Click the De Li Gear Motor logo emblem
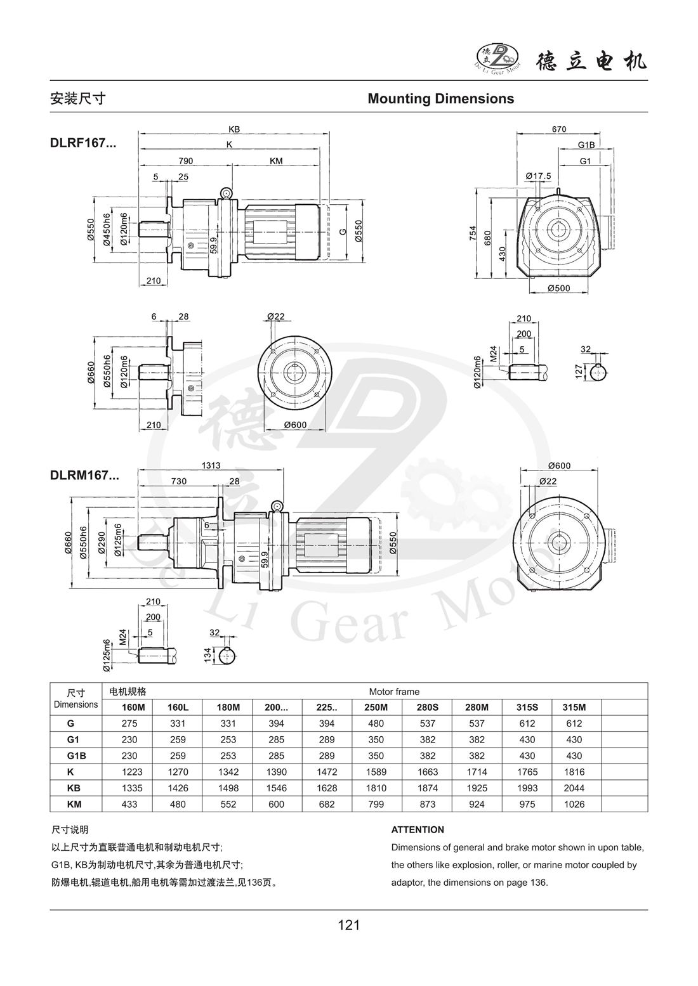(499, 58)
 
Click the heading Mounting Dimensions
(441, 99)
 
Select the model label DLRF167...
(83, 143)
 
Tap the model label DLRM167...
(84, 476)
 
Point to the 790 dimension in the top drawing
(186, 161)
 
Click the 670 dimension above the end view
(559, 129)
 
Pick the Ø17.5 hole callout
(538, 176)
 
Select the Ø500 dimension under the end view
(559, 288)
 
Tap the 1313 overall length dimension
(211, 465)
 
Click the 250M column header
(376, 708)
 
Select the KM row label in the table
(74, 804)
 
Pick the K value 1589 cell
(376, 772)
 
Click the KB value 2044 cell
(574, 788)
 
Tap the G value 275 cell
(129, 723)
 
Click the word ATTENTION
(418, 830)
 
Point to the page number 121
(349, 925)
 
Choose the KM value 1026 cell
(574, 804)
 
